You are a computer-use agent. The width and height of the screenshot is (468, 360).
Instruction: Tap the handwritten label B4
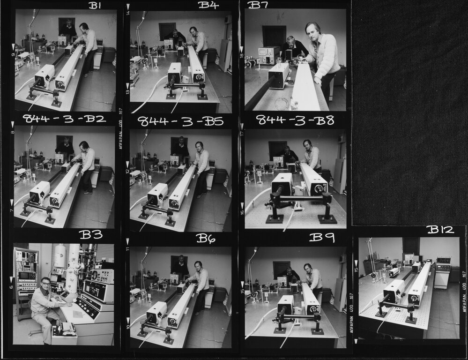click(208, 5)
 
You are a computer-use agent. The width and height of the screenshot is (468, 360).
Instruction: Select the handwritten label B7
click(258, 5)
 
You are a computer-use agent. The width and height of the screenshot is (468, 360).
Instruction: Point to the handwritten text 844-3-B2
click(64, 119)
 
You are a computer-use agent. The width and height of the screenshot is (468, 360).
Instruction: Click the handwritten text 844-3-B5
click(180, 121)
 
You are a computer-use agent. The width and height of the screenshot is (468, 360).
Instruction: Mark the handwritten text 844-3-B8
click(295, 120)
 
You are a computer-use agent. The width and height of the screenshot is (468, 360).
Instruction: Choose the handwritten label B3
click(90, 234)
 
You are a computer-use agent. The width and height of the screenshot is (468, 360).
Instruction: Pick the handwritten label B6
click(206, 238)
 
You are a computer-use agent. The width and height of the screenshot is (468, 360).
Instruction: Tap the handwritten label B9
click(322, 238)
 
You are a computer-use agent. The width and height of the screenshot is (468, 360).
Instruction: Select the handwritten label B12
click(440, 230)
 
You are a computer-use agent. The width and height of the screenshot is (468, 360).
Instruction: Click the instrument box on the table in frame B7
click(268, 55)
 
